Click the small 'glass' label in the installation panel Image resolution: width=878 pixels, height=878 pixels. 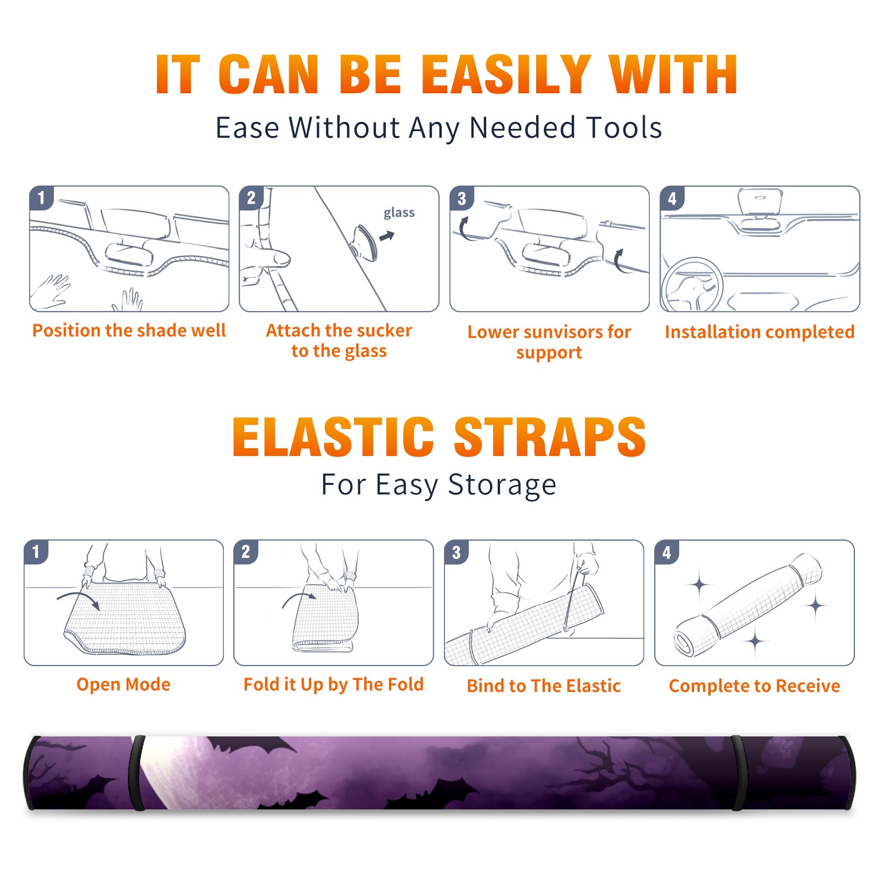point(399,213)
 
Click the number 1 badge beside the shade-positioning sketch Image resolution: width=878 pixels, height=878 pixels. point(41,197)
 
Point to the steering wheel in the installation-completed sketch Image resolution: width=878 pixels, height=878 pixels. point(693,285)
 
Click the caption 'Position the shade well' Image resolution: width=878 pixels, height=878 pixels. point(129,330)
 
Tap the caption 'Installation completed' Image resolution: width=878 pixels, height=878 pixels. point(759,331)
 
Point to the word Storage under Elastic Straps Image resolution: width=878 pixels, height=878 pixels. point(502,486)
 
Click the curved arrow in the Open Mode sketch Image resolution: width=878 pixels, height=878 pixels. point(78,598)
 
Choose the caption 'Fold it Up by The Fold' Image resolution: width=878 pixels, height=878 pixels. point(334,685)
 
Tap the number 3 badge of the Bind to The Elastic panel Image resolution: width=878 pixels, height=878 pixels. point(457,552)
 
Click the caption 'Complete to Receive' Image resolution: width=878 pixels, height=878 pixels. point(755,686)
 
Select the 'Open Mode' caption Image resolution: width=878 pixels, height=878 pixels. point(123,684)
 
